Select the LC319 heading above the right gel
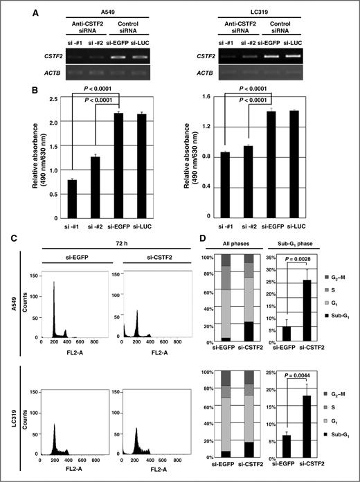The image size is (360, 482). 276,12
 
